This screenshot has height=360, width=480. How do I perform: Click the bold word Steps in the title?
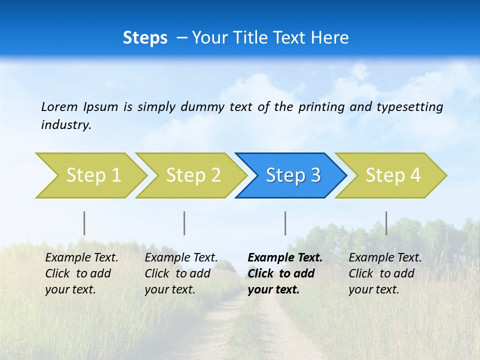click(x=145, y=38)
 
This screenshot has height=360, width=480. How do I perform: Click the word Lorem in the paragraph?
click(x=59, y=106)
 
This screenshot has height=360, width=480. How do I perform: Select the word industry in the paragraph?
click(x=66, y=125)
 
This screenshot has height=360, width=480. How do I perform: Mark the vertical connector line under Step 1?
click(x=84, y=223)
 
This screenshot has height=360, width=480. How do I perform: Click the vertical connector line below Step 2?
click(x=184, y=223)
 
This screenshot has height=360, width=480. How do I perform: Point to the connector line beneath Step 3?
click(x=285, y=223)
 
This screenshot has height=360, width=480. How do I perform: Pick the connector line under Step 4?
click(x=386, y=223)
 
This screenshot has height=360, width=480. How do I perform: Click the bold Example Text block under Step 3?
click(x=285, y=273)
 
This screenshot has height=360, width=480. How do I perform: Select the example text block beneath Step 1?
click(x=81, y=273)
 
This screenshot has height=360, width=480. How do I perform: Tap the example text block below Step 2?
click(x=181, y=273)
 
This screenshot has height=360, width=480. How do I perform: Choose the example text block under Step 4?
click(x=385, y=273)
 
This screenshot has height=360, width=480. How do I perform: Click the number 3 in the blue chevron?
click(x=315, y=175)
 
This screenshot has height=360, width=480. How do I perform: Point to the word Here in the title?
click(x=329, y=38)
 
